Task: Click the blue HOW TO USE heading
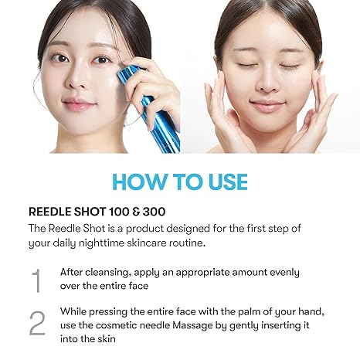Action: tap(179, 182)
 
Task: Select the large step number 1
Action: tap(36, 280)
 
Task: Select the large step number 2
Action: tap(36, 323)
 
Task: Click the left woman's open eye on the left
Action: tap(59, 59)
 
